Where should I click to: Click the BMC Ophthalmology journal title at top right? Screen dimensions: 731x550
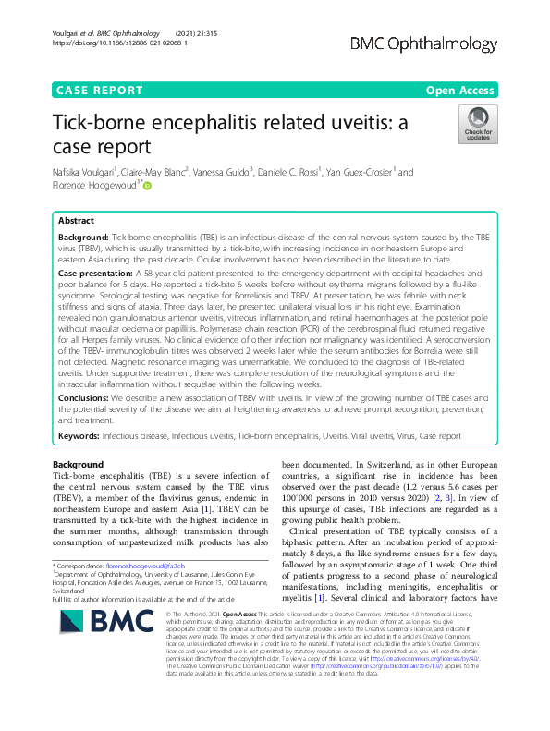coord(437,43)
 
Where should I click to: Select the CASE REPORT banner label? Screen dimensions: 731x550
coord(100,91)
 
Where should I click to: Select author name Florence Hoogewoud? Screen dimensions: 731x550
coord(93,186)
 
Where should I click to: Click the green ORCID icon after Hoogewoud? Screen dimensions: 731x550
coord(146,187)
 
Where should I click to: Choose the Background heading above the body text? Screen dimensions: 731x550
coord(79,464)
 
